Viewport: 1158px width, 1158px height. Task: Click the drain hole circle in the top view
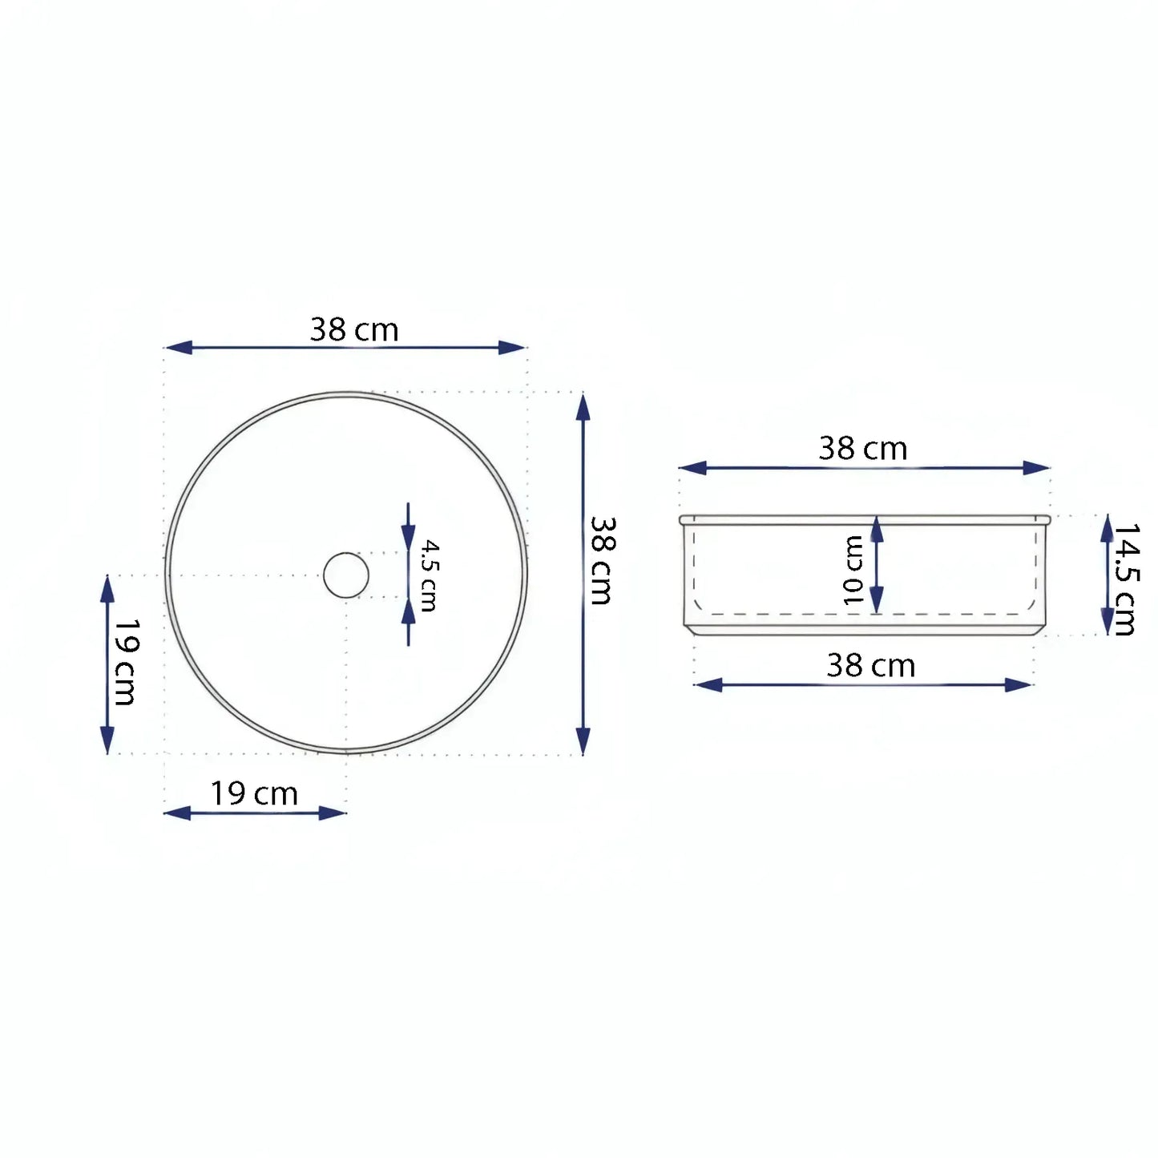coord(324,575)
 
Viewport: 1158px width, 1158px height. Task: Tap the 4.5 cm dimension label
coord(430,575)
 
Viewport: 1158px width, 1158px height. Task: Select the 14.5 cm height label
coord(1124,579)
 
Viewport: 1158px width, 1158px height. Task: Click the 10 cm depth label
coord(853,571)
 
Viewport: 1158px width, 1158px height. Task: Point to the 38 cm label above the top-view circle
coord(354,329)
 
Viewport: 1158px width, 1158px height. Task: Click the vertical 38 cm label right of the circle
coord(602,560)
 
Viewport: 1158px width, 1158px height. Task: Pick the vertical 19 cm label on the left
coord(126,662)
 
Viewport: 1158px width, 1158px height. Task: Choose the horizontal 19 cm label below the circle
coord(254,794)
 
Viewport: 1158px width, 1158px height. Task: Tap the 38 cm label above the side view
coord(863,448)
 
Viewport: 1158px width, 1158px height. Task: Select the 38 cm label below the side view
coord(871,665)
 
